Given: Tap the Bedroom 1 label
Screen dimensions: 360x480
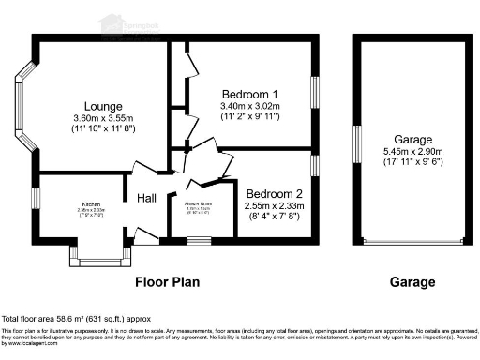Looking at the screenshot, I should click(249, 94).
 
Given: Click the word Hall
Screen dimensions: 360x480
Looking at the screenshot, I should click(147, 198).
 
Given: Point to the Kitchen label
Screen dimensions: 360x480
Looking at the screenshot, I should click(91, 203).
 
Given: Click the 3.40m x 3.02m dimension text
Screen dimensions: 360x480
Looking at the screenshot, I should click(249, 107).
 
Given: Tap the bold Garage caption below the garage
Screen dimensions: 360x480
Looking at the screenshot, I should click(412, 281).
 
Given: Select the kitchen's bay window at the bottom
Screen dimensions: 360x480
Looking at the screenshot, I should click(98, 257).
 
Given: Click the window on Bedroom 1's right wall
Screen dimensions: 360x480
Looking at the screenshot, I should click(316, 95).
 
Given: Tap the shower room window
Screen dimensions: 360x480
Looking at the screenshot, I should click(199, 241).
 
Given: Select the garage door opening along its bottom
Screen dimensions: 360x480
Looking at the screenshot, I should click(412, 243).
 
